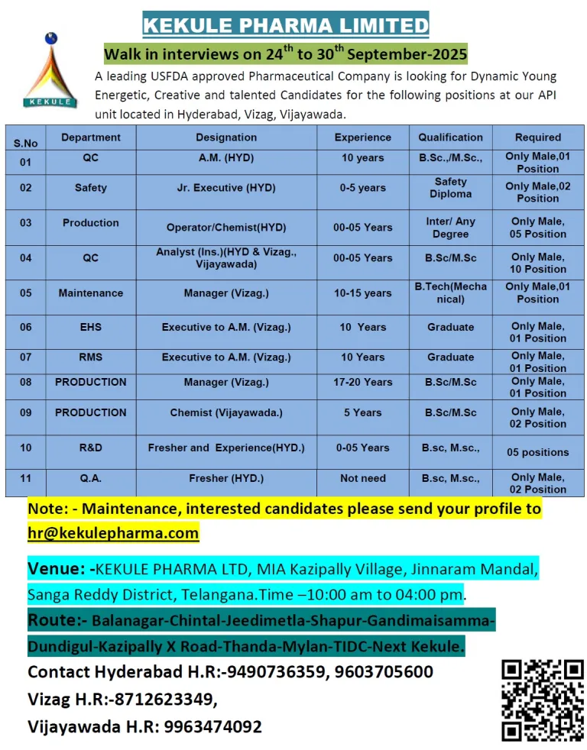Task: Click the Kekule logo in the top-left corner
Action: coord(50,70)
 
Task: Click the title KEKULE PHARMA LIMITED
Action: coord(286,25)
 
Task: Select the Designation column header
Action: coord(226,137)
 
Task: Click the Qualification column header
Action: coord(450,137)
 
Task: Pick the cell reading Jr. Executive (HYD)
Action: coord(226,188)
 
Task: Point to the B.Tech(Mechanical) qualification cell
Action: coord(450,293)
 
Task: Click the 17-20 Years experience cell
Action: coord(363,382)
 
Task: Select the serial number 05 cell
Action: coord(26,293)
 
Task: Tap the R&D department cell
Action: coord(90,448)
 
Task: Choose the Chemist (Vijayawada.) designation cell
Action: coord(226,412)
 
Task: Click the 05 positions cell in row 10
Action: coord(537,452)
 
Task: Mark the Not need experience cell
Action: coord(363,478)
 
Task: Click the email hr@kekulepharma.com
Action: coord(113,533)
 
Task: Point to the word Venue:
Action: coord(58,569)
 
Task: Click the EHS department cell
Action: coord(90,327)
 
